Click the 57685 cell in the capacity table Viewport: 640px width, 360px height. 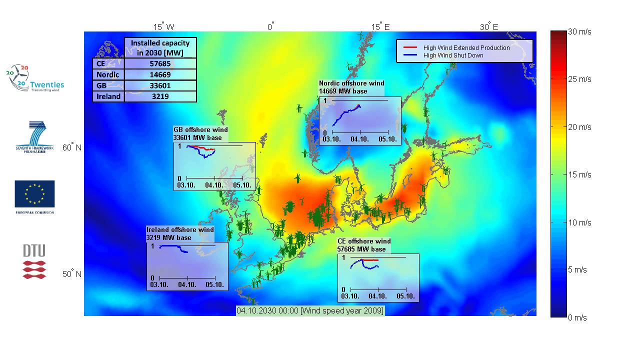pos(160,64)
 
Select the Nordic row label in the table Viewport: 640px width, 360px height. pos(108,74)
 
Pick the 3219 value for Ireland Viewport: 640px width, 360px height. pos(160,96)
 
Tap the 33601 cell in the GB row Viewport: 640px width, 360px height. pos(160,85)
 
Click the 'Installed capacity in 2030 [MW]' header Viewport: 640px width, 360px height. pos(160,47)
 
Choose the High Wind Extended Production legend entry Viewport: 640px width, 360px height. pos(466,48)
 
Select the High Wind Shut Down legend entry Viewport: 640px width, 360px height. pos(453,55)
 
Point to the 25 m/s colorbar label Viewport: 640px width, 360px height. pos(579,79)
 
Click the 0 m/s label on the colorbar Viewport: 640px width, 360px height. pos(577,317)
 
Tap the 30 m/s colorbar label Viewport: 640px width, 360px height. pos(579,31)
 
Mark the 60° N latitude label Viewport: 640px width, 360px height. pos(72,147)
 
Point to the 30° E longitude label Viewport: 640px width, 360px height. pos(489,27)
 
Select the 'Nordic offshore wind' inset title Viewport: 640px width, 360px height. pos(351,83)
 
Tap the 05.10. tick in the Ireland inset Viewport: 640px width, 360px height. pos(215,285)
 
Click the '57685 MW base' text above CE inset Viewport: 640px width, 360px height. pos(361,249)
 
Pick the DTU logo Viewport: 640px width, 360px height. pos(34,261)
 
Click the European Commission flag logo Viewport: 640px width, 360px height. pos(34,194)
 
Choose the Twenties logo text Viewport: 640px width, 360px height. pos(47,85)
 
